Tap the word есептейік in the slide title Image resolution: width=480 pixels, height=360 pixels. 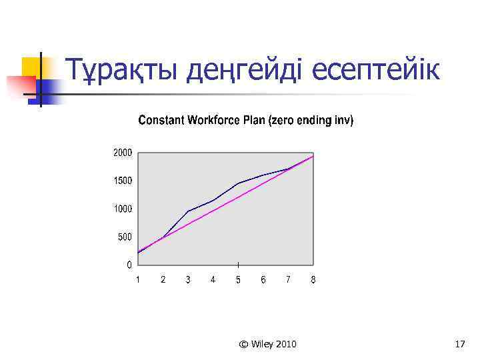(376, 69)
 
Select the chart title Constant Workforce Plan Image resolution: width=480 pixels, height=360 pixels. (245, 121)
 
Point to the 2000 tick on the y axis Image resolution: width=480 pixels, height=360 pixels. (122, 153)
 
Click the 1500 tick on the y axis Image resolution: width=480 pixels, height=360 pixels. (122, 181)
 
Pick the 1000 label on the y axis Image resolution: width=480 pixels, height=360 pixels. (122, 209)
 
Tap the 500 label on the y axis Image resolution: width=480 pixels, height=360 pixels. (124, 237)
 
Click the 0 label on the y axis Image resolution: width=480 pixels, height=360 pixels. (129, 265)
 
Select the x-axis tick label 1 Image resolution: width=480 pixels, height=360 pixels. (138, 280)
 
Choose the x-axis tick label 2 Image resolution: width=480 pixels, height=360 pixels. (163, 280)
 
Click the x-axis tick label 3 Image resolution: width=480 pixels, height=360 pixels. (188, 280)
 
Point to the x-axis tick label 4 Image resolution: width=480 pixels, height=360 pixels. (213, 280)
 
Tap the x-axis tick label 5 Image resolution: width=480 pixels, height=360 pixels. (238, 280)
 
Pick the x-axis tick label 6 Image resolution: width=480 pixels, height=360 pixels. (263, 280)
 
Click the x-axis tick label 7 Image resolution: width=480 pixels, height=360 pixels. (288, 280)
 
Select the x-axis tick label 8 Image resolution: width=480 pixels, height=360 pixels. (313, 280)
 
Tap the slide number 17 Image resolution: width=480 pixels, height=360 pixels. (459, 344)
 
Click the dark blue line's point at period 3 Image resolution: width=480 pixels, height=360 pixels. (188, 211)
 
